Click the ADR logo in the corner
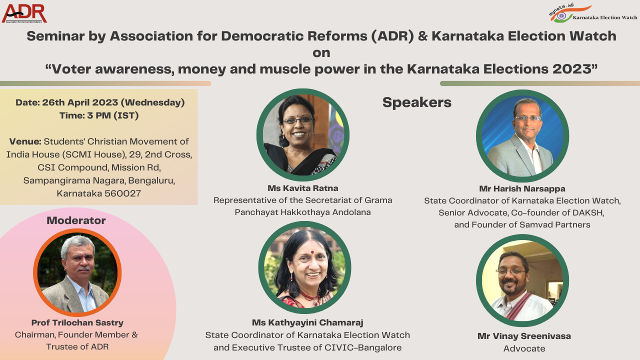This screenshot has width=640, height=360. coord(24,13)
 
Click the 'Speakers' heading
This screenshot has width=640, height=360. coord(417,102)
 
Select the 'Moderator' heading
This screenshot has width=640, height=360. coord(76,220)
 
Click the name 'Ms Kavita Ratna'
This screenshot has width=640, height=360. coord(303,188)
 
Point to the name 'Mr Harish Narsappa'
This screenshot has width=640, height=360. coord(522,188)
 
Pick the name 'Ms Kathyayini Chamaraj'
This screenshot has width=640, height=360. coord(307,322)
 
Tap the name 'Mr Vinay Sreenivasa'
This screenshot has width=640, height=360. coord(524,336)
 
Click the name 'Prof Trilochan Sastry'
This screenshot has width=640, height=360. coord(77,322)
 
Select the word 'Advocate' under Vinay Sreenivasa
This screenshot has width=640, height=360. coord(524,348)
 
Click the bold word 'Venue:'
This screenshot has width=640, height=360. coord(25,141)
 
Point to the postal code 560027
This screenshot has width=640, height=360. coord(122,193)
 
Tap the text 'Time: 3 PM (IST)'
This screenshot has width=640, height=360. coord(99,115)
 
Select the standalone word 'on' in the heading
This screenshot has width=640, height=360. coord(321,53)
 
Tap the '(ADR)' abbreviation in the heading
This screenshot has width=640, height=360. coord(392,36)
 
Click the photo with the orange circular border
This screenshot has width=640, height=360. coord(77,272)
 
